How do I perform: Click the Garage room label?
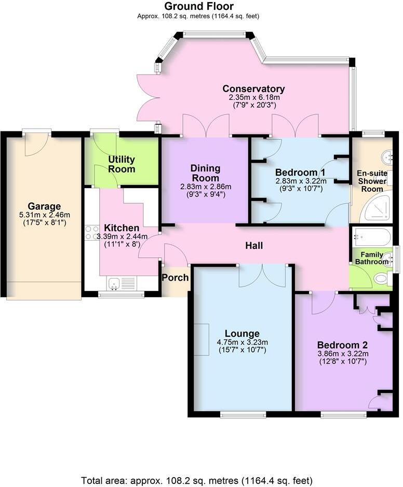pyautogui.click(x=44, y=206)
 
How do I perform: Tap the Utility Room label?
pyautogui.click(x=122, y=164)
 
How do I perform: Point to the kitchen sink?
pyautogui.click(x=114, y=283)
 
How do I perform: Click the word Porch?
pyautogui.click(x=175, y=278)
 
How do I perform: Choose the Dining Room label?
pyautogui.click(x=205, y=173)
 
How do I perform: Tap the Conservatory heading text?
pyautogui.click(x=253, y=88)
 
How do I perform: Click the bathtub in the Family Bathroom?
pyautogui.click(x=371, y=237)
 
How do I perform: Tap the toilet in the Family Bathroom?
pyautogui.click(x=382, y=279)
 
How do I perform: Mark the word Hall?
pyautogui.click(x=254, y=245)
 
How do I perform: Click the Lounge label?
pyautogui.click(x=242, y=333)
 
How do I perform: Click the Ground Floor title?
pyautogui.click(x=198, y=6)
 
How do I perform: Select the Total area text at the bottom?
pyautogui.click(x=197, y=480)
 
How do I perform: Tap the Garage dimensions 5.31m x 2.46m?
pyautogui.click(x=44, y=215)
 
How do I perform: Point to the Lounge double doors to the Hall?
pyautogui.click(x=262, y=275)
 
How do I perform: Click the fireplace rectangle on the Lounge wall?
pyautogui.click(x=202, y=339)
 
